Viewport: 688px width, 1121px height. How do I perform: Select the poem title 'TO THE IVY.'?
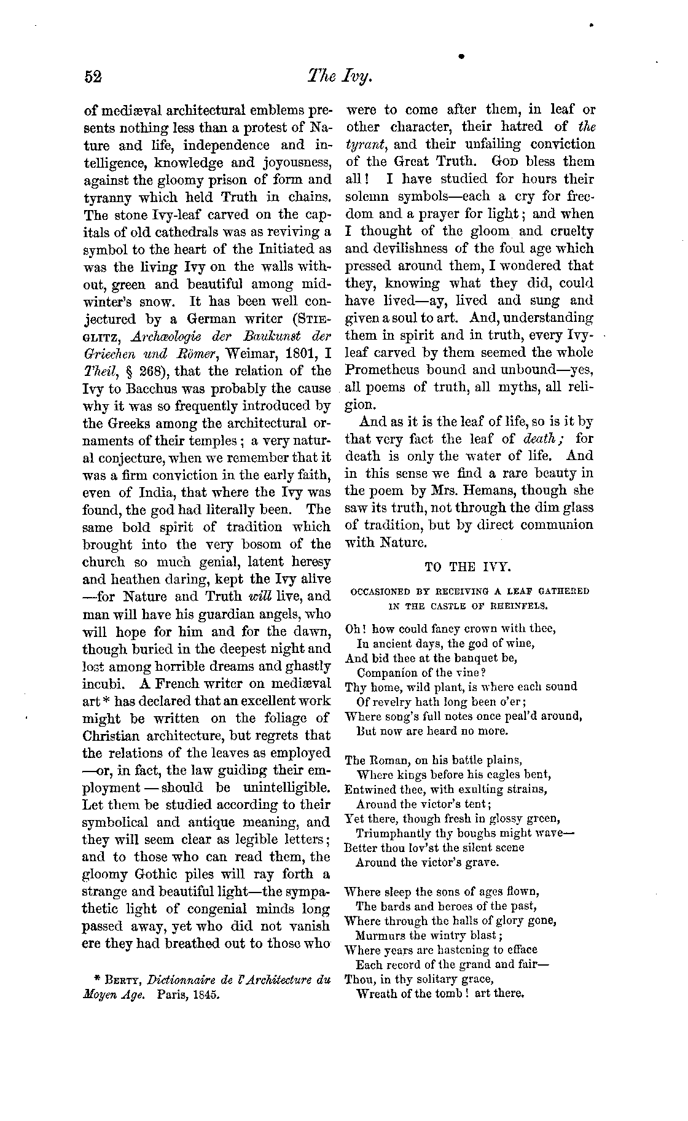tap(459, 568)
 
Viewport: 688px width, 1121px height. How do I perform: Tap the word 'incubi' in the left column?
tap(103, 683)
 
